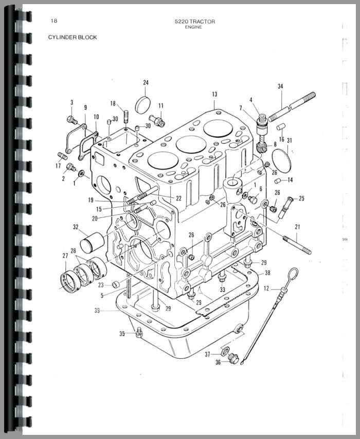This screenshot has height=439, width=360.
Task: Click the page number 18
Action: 54,21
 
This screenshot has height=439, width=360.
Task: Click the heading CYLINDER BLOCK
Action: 73,37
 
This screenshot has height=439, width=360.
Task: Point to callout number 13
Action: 214,94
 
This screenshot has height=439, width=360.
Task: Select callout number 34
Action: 280,86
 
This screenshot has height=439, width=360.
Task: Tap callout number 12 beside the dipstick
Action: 266,288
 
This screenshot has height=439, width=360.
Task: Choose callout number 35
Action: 122,334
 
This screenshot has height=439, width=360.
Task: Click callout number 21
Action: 297,227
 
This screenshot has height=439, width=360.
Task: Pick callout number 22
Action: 178,198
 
